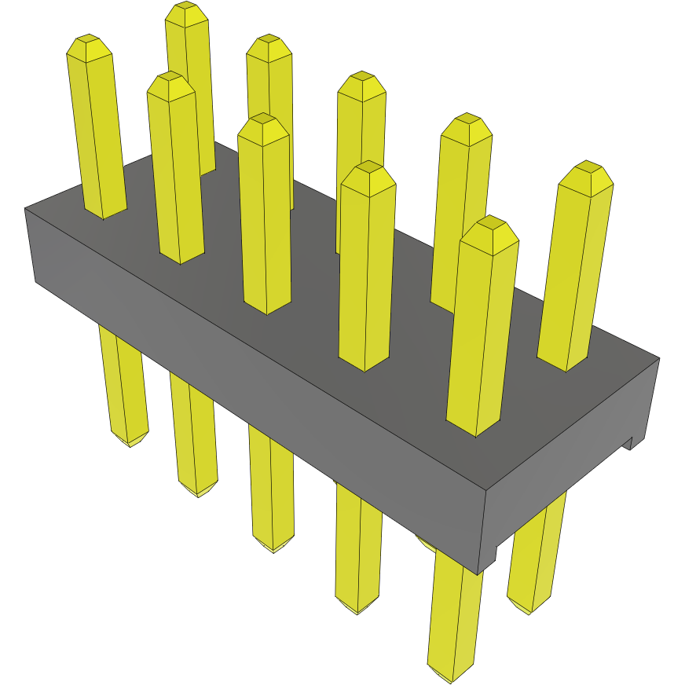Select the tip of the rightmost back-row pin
(x=586, y=170)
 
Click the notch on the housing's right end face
(x=629, y=444)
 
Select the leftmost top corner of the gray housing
(x=25, y=208)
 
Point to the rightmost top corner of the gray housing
(x=659, y=358)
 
